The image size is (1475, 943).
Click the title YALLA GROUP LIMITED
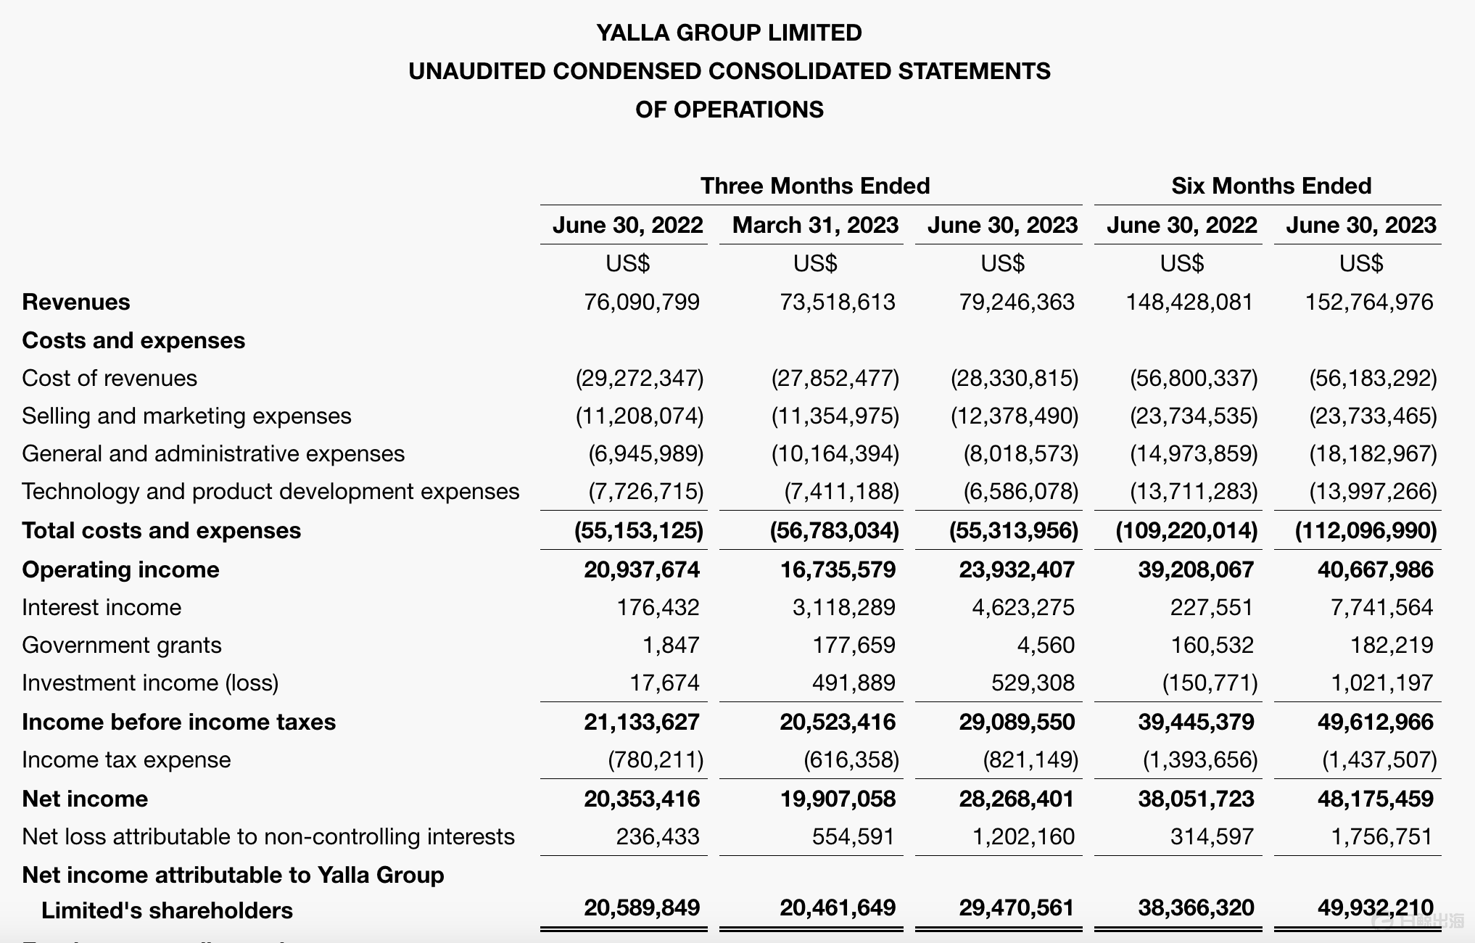729,33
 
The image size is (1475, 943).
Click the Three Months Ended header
814,186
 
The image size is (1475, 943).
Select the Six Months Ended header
1271,186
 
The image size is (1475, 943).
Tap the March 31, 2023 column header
815,225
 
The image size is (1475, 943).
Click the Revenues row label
76,302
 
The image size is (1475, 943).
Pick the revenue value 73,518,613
837,302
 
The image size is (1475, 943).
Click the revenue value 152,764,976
1368,302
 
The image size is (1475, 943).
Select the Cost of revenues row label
110,378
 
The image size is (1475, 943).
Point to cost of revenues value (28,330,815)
1014,378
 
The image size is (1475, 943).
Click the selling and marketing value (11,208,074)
639,416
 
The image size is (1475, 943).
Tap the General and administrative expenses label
213,453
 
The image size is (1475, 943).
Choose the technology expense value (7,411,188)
841,491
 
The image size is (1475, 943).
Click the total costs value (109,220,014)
1186,530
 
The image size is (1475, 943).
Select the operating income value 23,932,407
1017,569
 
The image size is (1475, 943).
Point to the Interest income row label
102,607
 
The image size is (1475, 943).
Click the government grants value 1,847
671,645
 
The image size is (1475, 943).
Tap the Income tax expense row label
126,759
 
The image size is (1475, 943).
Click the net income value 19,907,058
837,799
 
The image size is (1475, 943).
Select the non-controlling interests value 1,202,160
1022,836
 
